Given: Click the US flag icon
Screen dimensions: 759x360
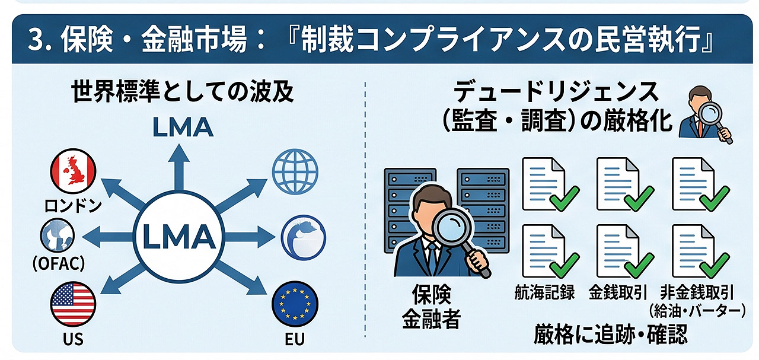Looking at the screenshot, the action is [73, 304].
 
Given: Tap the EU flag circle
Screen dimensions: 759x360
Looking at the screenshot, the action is [295, 304].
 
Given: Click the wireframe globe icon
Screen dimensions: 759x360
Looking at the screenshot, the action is [295, 171].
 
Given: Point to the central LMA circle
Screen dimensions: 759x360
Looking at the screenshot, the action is [179, 236].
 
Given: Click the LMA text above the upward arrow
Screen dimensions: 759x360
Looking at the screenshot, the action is [183, 128].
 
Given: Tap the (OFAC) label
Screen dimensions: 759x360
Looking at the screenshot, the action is [59, 263].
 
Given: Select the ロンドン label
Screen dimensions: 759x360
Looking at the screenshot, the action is [73, 205].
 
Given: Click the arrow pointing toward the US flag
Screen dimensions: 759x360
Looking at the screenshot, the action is [123, 278].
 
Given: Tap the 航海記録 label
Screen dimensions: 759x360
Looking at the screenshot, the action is [544, 292].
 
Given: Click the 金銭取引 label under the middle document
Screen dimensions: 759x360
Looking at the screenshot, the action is [618, 292].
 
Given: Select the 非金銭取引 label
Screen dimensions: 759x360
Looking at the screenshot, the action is [697, 292].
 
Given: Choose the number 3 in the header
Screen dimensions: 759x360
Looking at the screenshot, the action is [36, 40].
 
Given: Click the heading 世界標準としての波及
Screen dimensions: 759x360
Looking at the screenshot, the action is [183, 91].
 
